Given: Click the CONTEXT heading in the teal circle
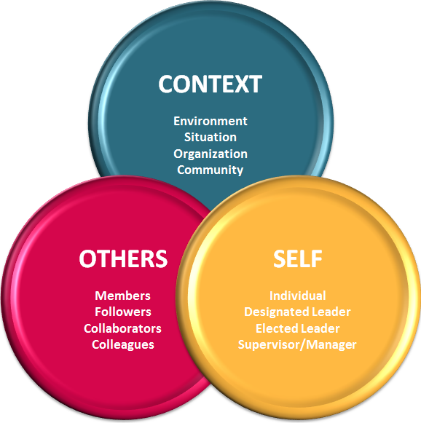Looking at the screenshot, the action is pos(210,84).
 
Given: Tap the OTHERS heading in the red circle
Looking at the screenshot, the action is pos(123,258).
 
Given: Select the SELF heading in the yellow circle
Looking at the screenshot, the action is pos(298,258).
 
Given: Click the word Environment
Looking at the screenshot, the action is pos(210,121).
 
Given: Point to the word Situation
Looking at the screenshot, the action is pos(210,137).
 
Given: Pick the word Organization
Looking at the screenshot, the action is pos(210,154).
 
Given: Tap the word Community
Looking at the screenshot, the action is pos(210,170).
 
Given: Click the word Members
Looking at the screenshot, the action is pos(123,296).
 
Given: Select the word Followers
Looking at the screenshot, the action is pos(123,312).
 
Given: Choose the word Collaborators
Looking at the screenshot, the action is pos(122,328).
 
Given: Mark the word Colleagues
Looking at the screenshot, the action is pos(123,345).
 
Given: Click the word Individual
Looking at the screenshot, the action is pos(298,296).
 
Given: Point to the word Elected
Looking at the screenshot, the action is pos(277,328).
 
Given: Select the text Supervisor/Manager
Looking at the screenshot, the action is pos(297,345).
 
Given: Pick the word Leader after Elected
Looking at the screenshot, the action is pos(320,328).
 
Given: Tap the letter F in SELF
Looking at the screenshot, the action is pos(316,258).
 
